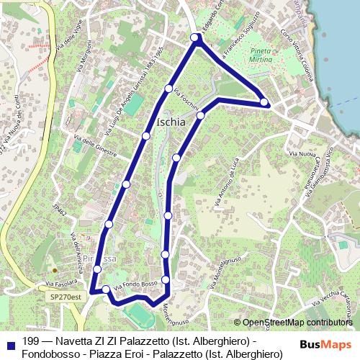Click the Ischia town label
pos(171,122)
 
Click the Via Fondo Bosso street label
pos(135,286)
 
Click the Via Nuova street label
pos(302,153)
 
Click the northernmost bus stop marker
pos(194,37)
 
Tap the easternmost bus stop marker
pos(264,102)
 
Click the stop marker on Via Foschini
pos(168,89)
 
